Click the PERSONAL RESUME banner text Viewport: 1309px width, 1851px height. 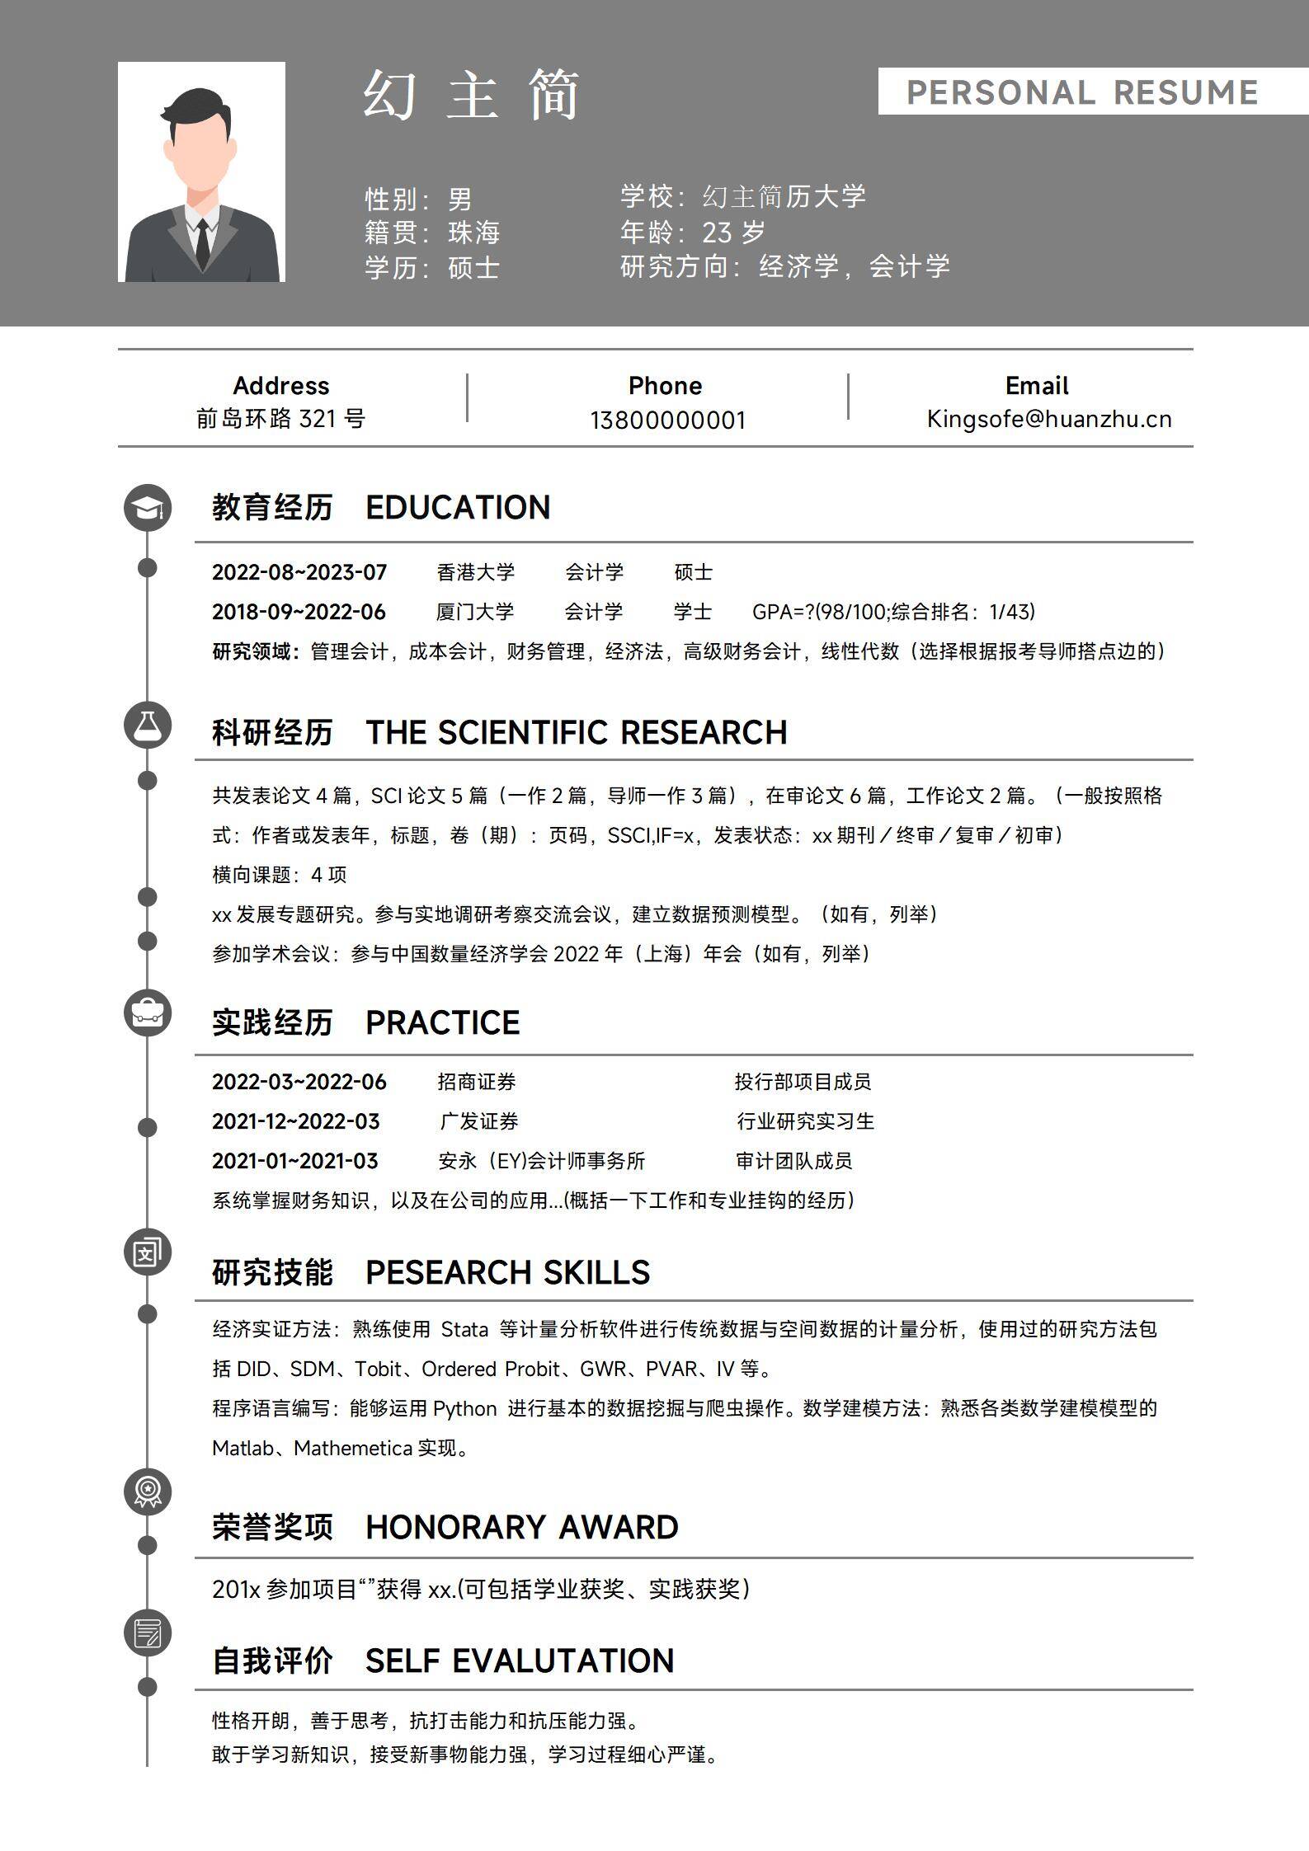tap(1082, 92)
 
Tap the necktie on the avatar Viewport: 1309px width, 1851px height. tap(201, 243)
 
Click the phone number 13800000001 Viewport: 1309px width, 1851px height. tap(667, 420)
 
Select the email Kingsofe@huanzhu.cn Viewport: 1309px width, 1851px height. tap(1048, 419)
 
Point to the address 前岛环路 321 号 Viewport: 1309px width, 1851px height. tap(280, 419)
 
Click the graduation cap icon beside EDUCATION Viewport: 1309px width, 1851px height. tap(148, 509)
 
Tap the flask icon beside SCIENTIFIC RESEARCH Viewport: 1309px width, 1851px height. tap(148, 726)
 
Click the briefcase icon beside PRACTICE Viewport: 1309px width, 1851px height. tap(148, 1013)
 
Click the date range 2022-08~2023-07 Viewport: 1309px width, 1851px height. tap(299, 572)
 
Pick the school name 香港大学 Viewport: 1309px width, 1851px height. tap(475, 572)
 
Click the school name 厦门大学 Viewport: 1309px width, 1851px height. tap(474, 612)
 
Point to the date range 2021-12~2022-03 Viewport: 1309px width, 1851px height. tap(295, 1121)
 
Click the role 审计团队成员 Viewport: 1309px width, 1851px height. tap(793, 1161)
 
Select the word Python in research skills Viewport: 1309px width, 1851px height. tap(465, 1408)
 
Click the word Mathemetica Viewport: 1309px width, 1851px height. tap(352, 1448)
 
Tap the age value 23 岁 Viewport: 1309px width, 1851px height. tap(733, 233)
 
